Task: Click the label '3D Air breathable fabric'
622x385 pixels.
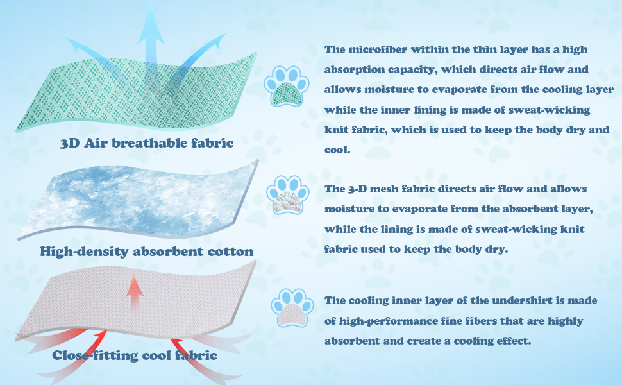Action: (x=147, y=143)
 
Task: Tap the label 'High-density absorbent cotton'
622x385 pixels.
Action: (x=147, y=252)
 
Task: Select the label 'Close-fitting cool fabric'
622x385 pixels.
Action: (x=135, y=355)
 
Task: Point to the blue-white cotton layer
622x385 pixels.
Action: (x=139, y=200)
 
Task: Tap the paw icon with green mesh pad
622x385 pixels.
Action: (x=287, y=86)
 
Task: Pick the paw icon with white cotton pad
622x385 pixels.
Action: (x=288, y=195)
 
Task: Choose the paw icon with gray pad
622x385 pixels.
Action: (x=292, y=307)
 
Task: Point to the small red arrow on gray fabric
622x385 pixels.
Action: (x=135, y=292)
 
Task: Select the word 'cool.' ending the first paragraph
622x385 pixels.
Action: (x=337, y=150)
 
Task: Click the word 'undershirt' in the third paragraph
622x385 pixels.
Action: (x=522, y=300)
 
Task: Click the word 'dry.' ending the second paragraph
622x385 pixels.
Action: (x=497, y=249)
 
